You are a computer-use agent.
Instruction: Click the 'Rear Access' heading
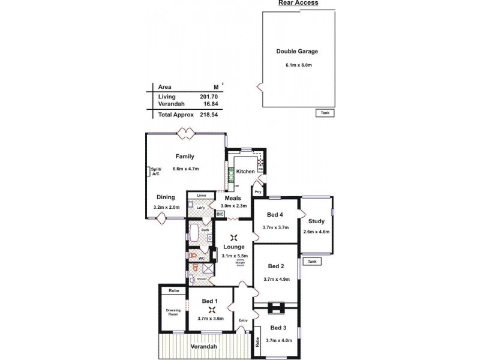click(x=298, y=3)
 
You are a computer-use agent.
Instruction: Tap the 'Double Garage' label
click(x=297, y=52)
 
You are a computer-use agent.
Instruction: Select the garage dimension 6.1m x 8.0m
click(x=297, y=65)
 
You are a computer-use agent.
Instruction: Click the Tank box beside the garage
click(x=324, y=113)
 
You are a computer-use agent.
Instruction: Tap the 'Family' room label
click(x=184, y=157)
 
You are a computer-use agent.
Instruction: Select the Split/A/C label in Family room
click(x=155, y=171)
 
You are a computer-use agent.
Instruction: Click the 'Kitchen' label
click(x=245, y=172)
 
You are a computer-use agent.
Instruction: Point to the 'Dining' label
click(x=166, y=197)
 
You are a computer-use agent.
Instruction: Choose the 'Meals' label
click(x=233, y=199)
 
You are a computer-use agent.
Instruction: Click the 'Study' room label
click(x=316, y=221)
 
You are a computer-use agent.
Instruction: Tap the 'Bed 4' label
click(x=275, y=215)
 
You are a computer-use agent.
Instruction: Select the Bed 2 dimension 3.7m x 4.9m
click(x=275, y=279)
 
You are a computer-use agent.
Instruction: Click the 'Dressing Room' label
click(x=173, y=313)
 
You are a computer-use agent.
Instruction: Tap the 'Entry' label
click(x=243, y=320)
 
